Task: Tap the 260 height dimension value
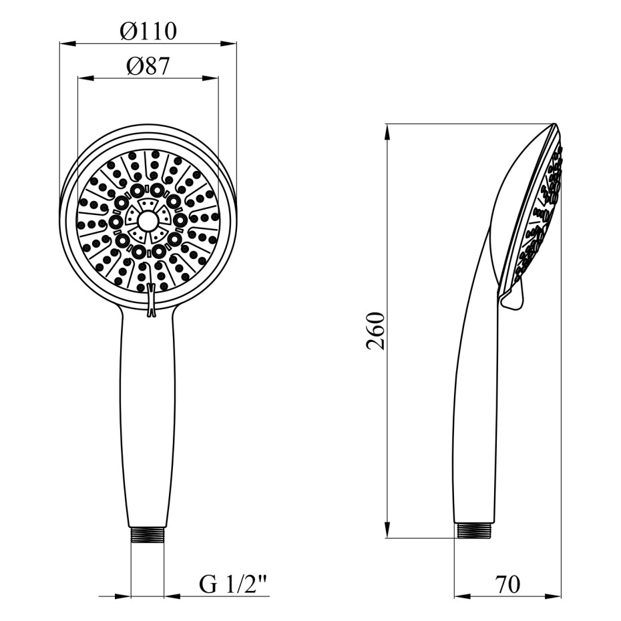click(x=375, y=331)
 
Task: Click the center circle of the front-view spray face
click(x=148, y=221)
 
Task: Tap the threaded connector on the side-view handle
click(x=473, y=530)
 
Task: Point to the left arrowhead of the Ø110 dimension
click(x=67, y=43)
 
